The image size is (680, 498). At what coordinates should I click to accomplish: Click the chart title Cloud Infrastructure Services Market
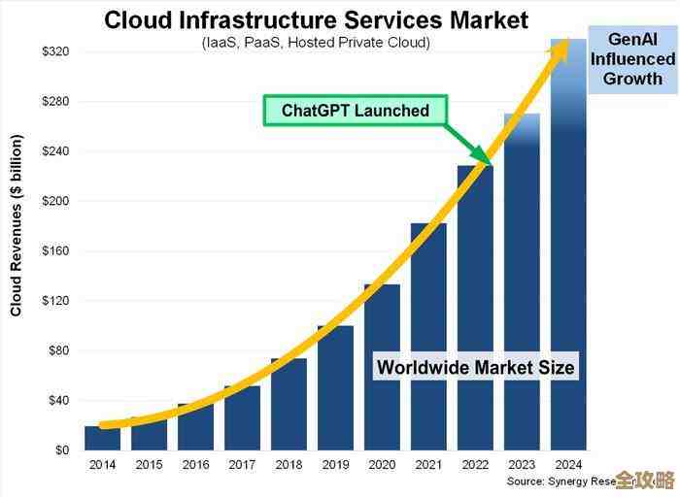coord(316,19)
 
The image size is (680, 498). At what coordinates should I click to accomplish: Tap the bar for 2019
coord(335,387)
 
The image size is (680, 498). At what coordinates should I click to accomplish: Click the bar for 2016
coord(195,427)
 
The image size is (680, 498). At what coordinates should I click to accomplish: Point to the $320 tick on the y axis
coord(55,51)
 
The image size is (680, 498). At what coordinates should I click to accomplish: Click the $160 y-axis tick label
coord(55,250)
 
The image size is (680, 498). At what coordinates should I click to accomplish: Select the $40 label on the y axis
coord(58,400)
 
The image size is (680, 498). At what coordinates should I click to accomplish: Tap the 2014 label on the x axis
coord(102,465)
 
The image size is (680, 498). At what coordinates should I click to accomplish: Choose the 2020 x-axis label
coord(382,465)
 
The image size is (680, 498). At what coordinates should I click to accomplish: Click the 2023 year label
coord(522,465)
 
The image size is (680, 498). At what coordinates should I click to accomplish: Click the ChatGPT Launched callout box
coord(356,111)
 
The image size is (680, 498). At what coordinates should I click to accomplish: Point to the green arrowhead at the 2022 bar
coord(483,156)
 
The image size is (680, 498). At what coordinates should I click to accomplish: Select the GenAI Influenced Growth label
coord(632,59)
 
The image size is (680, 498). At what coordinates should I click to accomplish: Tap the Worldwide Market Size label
coord(475,367)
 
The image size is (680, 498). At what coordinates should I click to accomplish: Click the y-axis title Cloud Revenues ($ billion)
coord(16,226)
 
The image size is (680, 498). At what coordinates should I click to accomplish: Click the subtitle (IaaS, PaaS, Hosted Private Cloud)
coord(317,43)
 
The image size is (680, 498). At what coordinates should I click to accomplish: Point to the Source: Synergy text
coord(560,481)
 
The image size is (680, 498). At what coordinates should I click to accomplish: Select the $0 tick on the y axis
coord(62,450)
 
